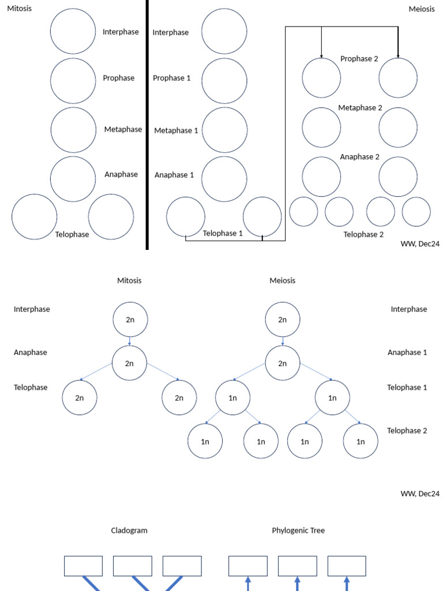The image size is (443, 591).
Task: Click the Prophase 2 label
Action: (x=359, y=59)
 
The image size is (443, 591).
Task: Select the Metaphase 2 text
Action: (x=360, y=108)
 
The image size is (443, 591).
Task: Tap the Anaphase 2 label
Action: (x=360, y=157)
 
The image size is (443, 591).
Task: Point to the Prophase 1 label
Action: (x=172, y=78)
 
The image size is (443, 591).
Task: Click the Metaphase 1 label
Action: (x=176, y=130)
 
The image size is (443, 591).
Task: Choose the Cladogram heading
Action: (x=129, y=530)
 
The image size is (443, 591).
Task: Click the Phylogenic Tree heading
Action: (x=298, y=530)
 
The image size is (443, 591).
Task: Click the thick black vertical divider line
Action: (x=147, y=125)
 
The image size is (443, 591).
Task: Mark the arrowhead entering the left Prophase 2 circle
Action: (x=321, y=57)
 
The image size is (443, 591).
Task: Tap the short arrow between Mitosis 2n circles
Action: (x=130, y=341)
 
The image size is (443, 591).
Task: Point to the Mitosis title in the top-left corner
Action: (x=20, y=8)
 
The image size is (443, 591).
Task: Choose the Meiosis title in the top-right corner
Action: (x=422, y=9)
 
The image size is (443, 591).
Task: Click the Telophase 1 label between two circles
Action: (x=223, y=233)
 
